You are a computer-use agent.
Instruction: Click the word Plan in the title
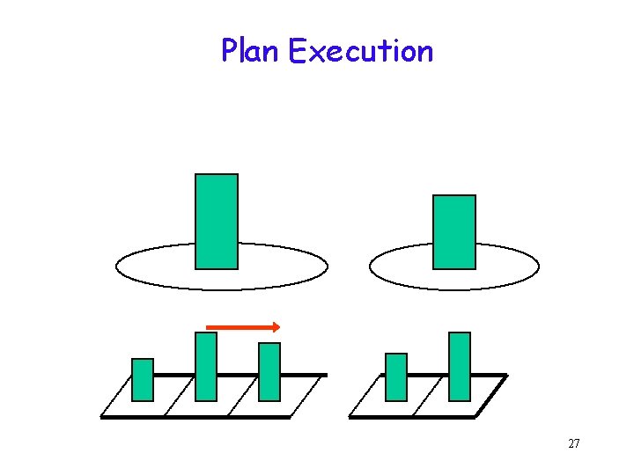[x=250, y=51]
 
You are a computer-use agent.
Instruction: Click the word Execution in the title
[x=361, y=51]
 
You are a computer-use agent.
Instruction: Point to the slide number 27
[x=573, y=443]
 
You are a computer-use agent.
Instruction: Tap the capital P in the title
[x=228, y=51]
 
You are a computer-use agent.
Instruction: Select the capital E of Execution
[x=296, y=51]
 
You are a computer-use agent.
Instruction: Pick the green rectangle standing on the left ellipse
[x=216, y=221]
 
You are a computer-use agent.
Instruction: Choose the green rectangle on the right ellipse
[x=454, y=231]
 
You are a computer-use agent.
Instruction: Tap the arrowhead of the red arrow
[x=276, y=327]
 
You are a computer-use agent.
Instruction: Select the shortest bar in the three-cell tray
[x=143, y=379]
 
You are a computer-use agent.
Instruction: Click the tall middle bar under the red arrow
[x=206, y=366]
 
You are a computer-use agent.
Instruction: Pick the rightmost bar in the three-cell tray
[x=269, y=371]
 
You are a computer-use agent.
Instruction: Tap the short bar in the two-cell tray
[x=396, y=376]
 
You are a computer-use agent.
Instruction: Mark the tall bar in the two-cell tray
[x=460, y=366]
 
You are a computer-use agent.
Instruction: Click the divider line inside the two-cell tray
[x=427, y=397]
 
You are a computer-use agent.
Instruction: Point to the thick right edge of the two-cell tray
[x=491, y=396]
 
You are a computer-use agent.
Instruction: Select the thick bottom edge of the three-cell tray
[x=194, y=417]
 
